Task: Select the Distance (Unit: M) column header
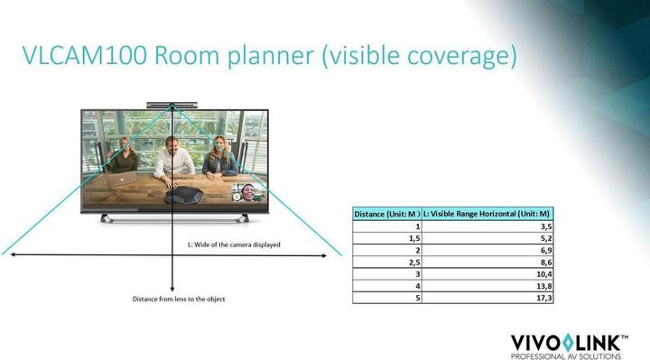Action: pyautogui.click(x=386, y=214)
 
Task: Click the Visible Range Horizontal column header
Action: pyautogui.click(x=487, y=214)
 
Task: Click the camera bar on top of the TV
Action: pyautogui.click(x=171, y=104)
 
